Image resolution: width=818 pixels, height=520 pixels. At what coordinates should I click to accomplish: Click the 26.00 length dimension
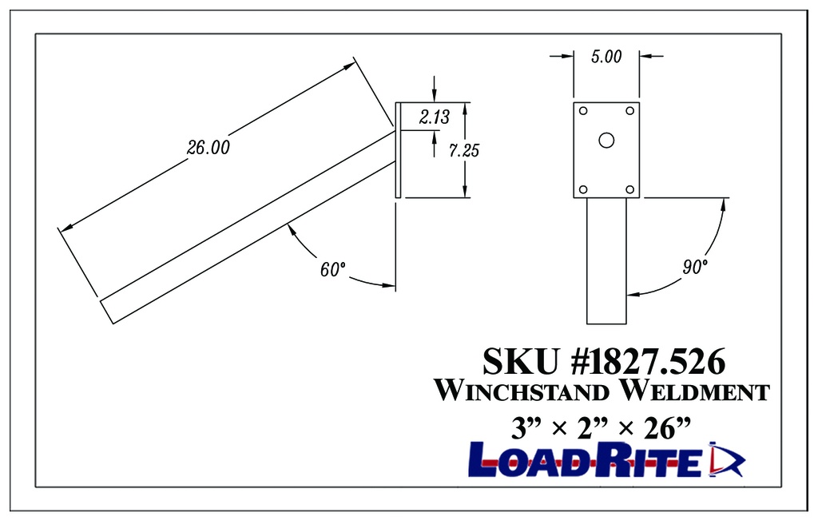pos(208,148)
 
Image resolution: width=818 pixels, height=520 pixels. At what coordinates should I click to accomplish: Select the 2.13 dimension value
pos(435,117)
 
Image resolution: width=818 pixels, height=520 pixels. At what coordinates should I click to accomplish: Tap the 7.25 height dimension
pos(464,149)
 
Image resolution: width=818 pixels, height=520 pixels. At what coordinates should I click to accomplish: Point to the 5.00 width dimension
pos(606,57)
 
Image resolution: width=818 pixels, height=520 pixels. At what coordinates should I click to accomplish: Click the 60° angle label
pos(332,270)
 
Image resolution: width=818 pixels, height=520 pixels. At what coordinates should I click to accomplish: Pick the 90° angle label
pos(695,267)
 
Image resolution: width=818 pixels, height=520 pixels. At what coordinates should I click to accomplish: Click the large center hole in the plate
pos(606,141)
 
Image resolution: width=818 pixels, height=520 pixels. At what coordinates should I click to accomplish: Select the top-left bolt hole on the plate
pos(583,110)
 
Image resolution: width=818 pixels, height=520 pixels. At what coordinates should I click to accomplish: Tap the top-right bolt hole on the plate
pos(629,110)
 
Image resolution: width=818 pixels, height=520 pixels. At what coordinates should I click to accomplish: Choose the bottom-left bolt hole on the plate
pos(583,189)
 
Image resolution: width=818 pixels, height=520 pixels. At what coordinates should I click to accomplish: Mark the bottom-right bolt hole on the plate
pos(629,189)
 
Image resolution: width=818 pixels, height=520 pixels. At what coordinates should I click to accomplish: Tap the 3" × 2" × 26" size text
pos(600,427)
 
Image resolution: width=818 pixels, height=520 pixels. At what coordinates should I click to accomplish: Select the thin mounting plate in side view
pos(397,149)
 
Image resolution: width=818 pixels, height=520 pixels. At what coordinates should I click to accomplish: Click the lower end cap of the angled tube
pos(106,311)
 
